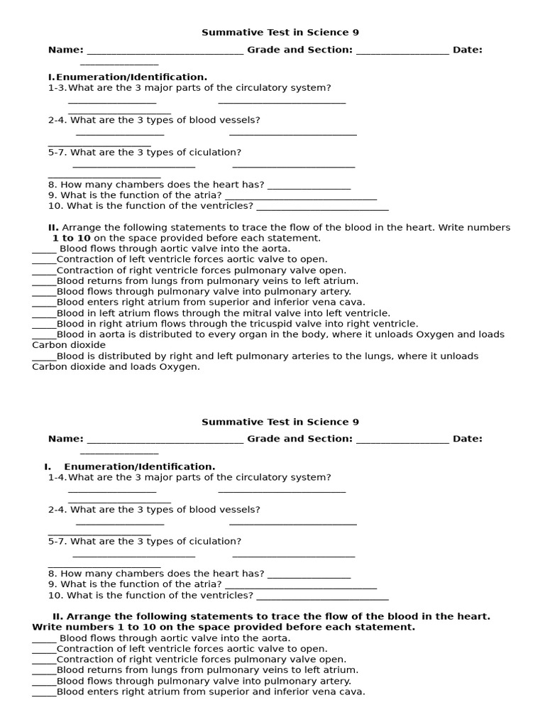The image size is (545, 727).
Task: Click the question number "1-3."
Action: click(x=57, y=88)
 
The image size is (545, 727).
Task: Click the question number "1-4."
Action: click(x=57, y=478)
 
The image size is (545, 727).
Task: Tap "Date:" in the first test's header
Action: click(x=467, y=50)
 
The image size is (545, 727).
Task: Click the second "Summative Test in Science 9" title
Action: click(x=275, y=422)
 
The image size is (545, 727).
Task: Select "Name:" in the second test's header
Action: click(x=65, y=439)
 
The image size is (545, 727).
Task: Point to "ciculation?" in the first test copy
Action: click(x=215, y=153)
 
